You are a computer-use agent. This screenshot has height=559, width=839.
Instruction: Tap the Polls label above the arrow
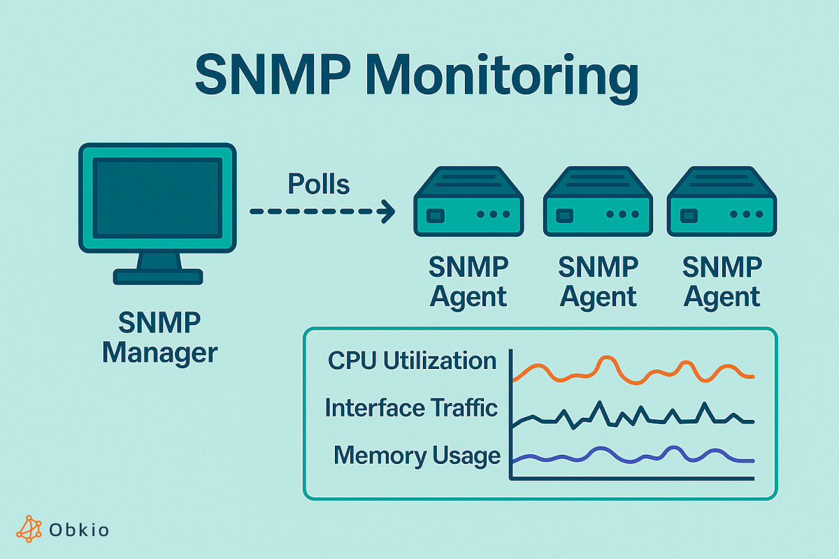318,184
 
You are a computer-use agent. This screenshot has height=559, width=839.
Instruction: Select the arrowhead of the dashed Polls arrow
386,210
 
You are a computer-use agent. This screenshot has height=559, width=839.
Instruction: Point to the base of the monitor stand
159,277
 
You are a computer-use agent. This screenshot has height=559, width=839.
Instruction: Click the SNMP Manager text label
159,337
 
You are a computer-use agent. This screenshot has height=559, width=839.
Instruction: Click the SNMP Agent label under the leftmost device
468,282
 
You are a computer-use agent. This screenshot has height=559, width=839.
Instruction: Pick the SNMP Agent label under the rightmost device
722,282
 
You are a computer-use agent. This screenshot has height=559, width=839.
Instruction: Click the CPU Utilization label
413,361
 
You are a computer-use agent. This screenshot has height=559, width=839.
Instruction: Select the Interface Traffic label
411,408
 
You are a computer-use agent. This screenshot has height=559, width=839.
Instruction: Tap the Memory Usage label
417,456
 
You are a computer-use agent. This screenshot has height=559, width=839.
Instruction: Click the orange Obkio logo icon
29,529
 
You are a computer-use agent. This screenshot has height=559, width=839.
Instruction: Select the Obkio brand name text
79,530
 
